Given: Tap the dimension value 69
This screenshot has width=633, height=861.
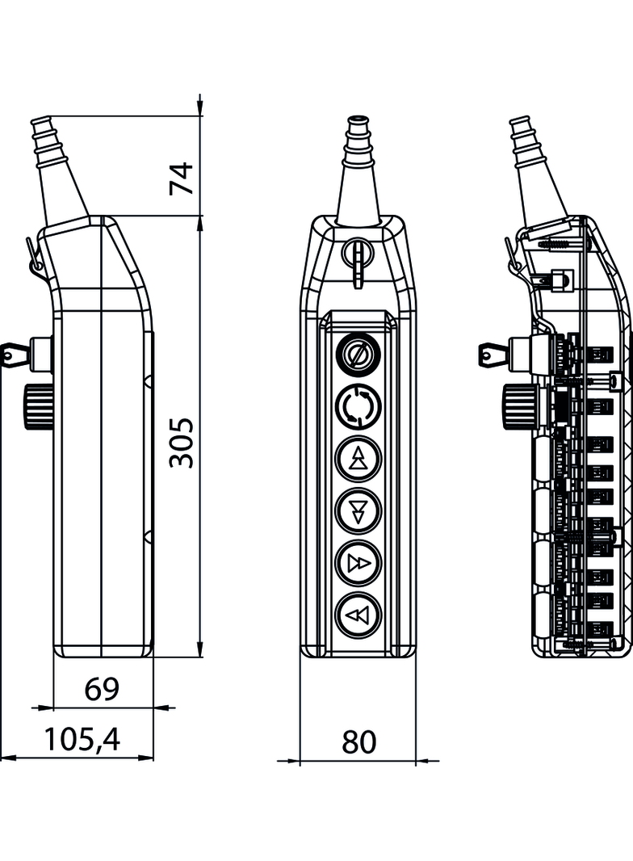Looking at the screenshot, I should (103, 689).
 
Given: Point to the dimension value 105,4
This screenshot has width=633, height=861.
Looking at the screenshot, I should (82, 739).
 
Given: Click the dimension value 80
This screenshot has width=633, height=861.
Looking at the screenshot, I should (358, 741).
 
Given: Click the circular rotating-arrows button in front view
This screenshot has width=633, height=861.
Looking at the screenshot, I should (357, 406).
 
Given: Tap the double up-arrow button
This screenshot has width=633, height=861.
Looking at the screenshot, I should (357, 459).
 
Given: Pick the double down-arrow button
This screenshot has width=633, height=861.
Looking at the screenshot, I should (357, 510).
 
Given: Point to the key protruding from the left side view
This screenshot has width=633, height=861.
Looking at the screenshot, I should (16, 352).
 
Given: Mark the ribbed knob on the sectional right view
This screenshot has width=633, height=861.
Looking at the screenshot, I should (515, 406).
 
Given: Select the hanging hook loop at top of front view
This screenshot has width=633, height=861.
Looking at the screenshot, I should (357, 258).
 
